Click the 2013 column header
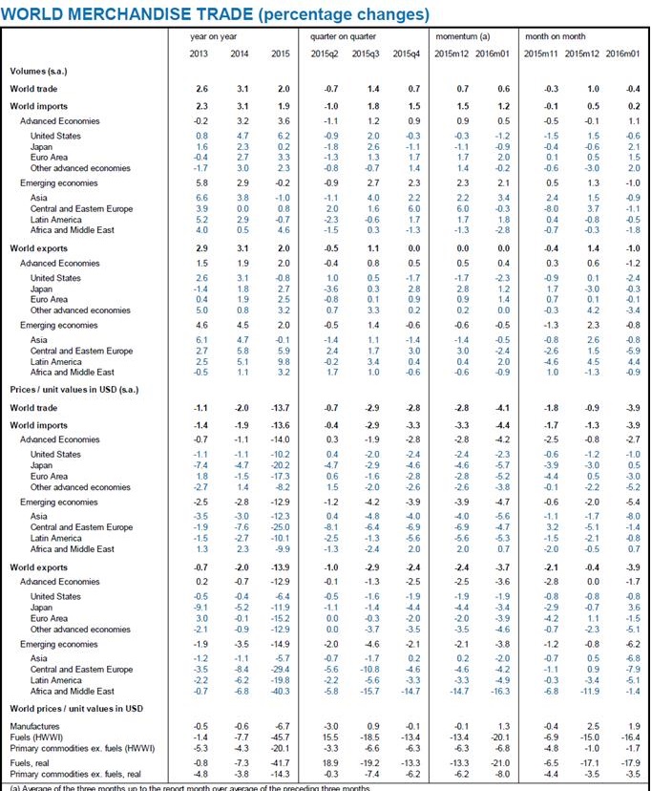pyautogui.click(x=201, y=52)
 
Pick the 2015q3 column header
pyautogui.click(x=366, y=52)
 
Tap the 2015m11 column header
pyautogui.click(x=542, y=52)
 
